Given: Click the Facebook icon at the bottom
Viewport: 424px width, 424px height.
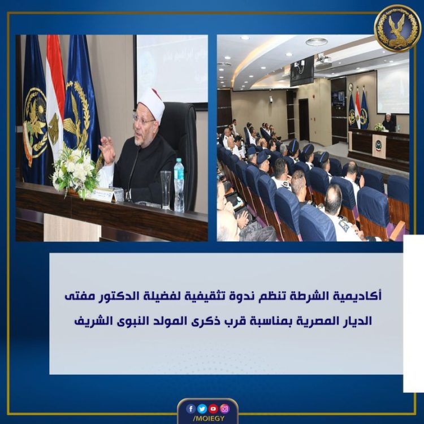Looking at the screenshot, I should point(191,408).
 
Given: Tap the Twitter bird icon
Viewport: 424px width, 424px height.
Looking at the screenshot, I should point(202,408).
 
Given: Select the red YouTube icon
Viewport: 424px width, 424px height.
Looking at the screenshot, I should point(213,408).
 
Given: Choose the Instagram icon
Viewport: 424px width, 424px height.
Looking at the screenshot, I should point(224,408).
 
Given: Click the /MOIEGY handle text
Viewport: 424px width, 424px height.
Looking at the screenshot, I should point(207,419).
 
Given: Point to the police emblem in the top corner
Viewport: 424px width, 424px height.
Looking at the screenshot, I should point(397,28).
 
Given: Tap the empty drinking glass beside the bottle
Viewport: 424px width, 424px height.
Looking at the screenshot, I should point(165,189).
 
